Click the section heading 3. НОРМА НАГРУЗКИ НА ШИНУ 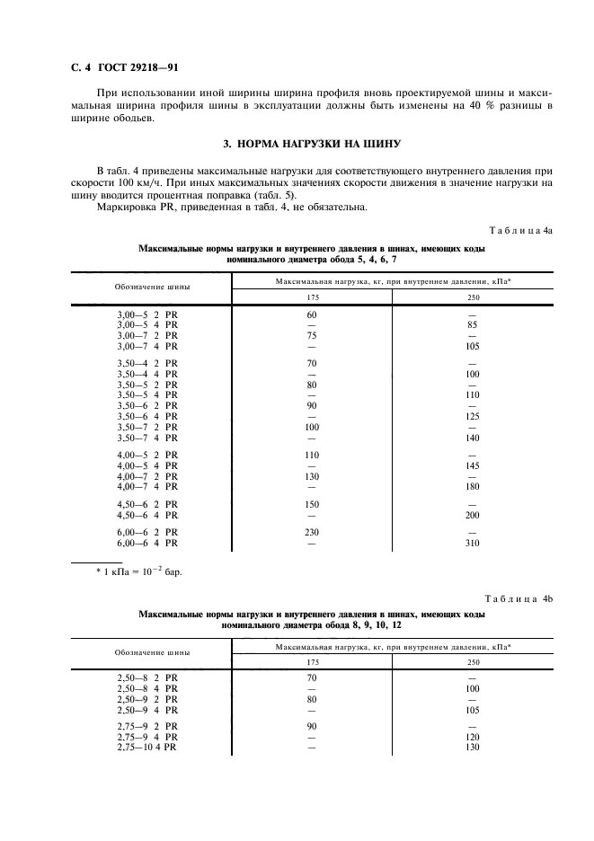311,143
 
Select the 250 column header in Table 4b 473,662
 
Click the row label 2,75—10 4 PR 147,747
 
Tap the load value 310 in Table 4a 473,544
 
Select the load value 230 313,534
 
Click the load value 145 473,465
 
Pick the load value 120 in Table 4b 473,737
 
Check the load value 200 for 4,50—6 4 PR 473,515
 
